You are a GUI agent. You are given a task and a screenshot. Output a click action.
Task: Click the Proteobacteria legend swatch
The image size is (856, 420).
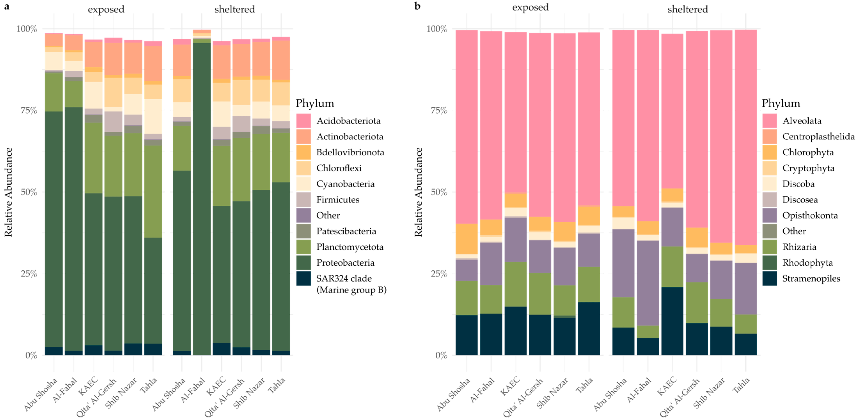[303, 262]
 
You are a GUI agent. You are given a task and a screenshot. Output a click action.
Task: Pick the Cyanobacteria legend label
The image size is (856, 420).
[345, 184]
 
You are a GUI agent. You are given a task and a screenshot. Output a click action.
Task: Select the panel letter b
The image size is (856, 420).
[417, 6]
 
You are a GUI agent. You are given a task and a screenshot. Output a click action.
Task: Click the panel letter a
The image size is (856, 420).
[7, 6]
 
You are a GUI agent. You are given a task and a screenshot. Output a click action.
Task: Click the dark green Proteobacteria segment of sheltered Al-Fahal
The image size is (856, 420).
[202, 199]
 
